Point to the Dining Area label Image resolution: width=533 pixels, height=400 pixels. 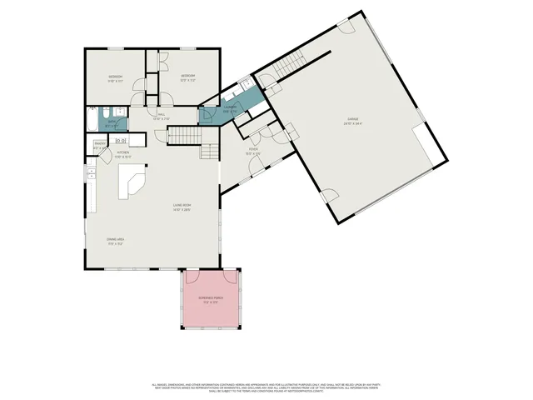coord(115,241)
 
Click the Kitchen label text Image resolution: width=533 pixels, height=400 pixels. coord(122,152)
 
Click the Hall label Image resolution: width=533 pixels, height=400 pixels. coord(161,115)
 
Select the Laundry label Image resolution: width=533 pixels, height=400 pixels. coord(230,107)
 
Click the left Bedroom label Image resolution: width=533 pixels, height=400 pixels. coord(116,78)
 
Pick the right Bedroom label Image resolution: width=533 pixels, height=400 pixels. coord(188,77)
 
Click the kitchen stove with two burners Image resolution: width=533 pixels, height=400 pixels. coord(119,140)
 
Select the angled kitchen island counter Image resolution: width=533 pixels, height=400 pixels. coord(132,180)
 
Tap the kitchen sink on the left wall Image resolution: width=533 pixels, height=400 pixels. coord(90,174)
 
